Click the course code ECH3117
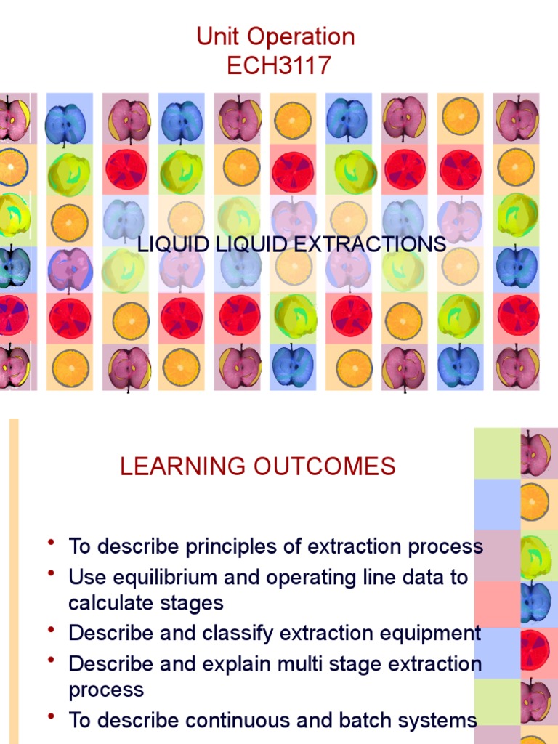tap(279, 65)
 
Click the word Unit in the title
tap(218, 36)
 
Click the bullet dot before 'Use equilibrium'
tap(51, 575)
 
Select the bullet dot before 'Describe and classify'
tap(51, 630)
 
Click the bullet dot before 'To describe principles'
tap(51, 543)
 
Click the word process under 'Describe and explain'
tap(106, 689)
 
